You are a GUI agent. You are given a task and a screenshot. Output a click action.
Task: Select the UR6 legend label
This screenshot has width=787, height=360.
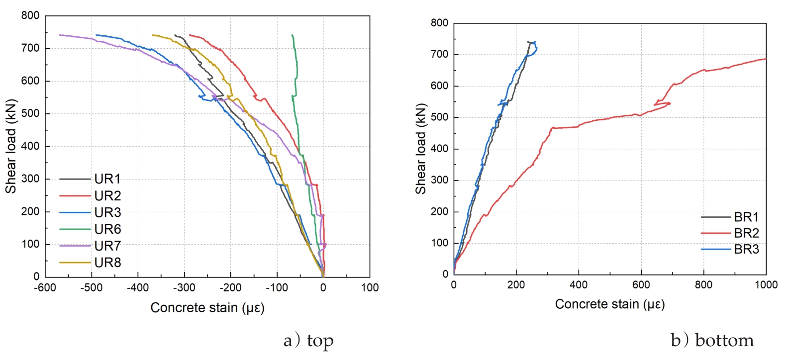107,229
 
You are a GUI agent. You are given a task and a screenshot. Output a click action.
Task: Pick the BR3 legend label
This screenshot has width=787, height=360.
746,249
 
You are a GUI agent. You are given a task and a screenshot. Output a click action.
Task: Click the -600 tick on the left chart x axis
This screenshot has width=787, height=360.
45,288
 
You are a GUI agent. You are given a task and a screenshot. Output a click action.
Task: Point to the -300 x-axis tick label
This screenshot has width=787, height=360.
184,288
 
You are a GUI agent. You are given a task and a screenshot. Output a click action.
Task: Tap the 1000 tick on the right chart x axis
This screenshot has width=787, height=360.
766,285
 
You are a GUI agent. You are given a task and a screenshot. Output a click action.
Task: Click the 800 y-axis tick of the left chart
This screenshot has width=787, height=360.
30,16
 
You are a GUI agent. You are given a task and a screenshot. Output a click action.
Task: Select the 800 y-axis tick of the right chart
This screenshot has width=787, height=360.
439,23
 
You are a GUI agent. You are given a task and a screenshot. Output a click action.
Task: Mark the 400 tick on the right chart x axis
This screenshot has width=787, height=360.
579,285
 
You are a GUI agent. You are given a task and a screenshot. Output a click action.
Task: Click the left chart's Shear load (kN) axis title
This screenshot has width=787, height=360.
11,147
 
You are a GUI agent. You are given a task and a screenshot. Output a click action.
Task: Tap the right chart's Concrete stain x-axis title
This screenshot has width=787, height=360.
610,304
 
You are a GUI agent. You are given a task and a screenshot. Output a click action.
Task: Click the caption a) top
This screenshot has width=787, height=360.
308,341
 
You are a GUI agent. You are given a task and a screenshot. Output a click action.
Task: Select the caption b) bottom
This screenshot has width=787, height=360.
712,341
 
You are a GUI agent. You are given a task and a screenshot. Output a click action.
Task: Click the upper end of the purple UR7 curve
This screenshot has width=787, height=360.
60,35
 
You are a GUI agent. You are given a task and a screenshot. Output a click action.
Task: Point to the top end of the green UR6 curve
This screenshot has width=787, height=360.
292,35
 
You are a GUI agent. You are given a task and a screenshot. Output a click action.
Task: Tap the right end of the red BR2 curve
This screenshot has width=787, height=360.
766,59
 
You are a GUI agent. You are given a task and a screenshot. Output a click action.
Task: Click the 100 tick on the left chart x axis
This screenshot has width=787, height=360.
370,288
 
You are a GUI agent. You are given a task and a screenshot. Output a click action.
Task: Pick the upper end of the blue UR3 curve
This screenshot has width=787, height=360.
97,35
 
